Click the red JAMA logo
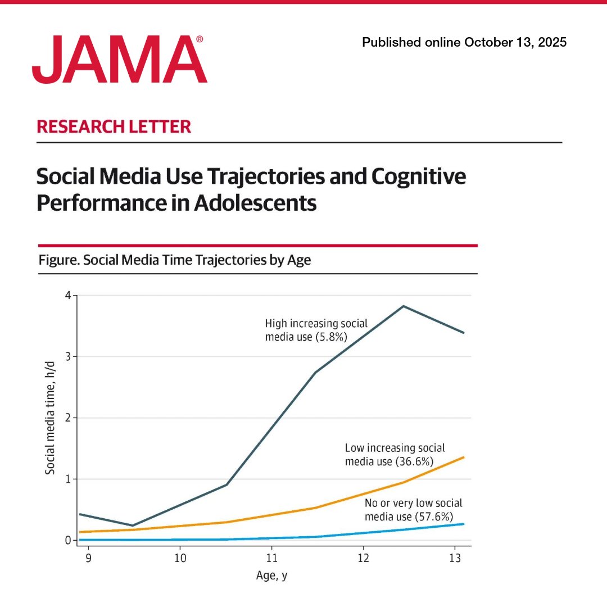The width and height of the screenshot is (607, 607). (x=119, y=60)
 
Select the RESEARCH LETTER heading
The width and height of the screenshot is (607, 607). (x=114, y=126)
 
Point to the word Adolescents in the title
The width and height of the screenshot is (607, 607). (x=255, y=203)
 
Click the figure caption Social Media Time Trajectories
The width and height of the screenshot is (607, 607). (x=174, y=260)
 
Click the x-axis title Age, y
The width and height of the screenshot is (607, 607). (x=272, y=576)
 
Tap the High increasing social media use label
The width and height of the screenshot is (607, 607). (x=316, y=330)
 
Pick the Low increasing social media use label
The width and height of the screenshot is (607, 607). (x=395, y=455)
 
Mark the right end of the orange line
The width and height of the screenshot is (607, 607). (x=464, y=457)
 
